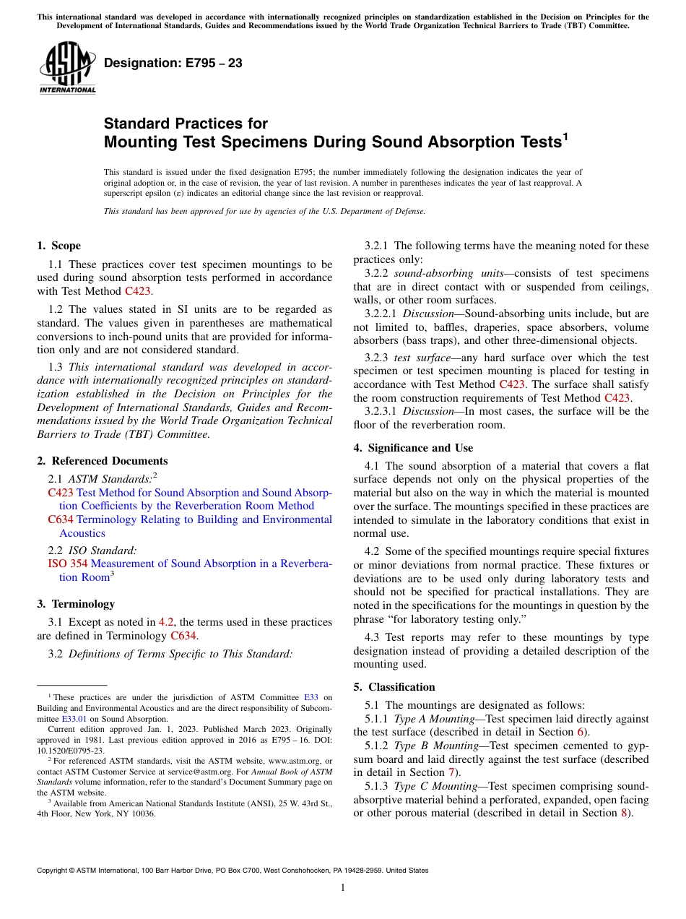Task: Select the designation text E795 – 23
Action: click(173, 64)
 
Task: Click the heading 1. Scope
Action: click(58, 246)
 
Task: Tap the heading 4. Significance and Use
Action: click(413, 448)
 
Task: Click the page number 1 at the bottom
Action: click(343, 888)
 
